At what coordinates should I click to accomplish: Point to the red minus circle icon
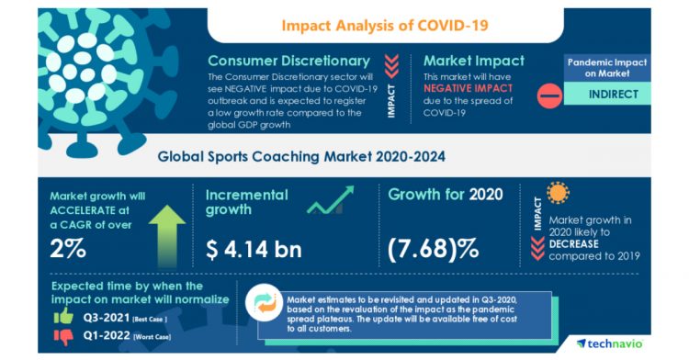click(x=548, y=94)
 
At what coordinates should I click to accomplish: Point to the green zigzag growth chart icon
click(x=330, y=201)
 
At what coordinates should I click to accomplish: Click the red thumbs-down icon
click(x=63, y=336)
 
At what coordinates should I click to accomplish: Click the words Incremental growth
click(x=246, y=202)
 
